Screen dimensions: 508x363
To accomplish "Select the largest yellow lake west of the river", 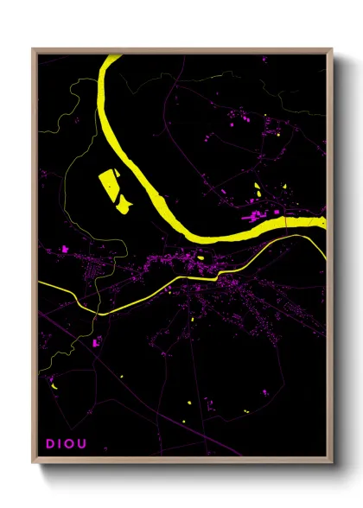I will [110, 184].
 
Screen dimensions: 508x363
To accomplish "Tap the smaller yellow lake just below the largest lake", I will [124, 204].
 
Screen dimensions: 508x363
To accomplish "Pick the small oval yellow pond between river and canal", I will [201, 256].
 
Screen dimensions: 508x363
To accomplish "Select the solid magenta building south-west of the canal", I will [96, 343].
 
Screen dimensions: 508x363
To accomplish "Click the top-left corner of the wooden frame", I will [34, 49].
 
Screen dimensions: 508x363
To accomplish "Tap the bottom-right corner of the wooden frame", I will [331, 462].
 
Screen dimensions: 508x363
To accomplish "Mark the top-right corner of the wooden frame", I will [331, 49].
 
